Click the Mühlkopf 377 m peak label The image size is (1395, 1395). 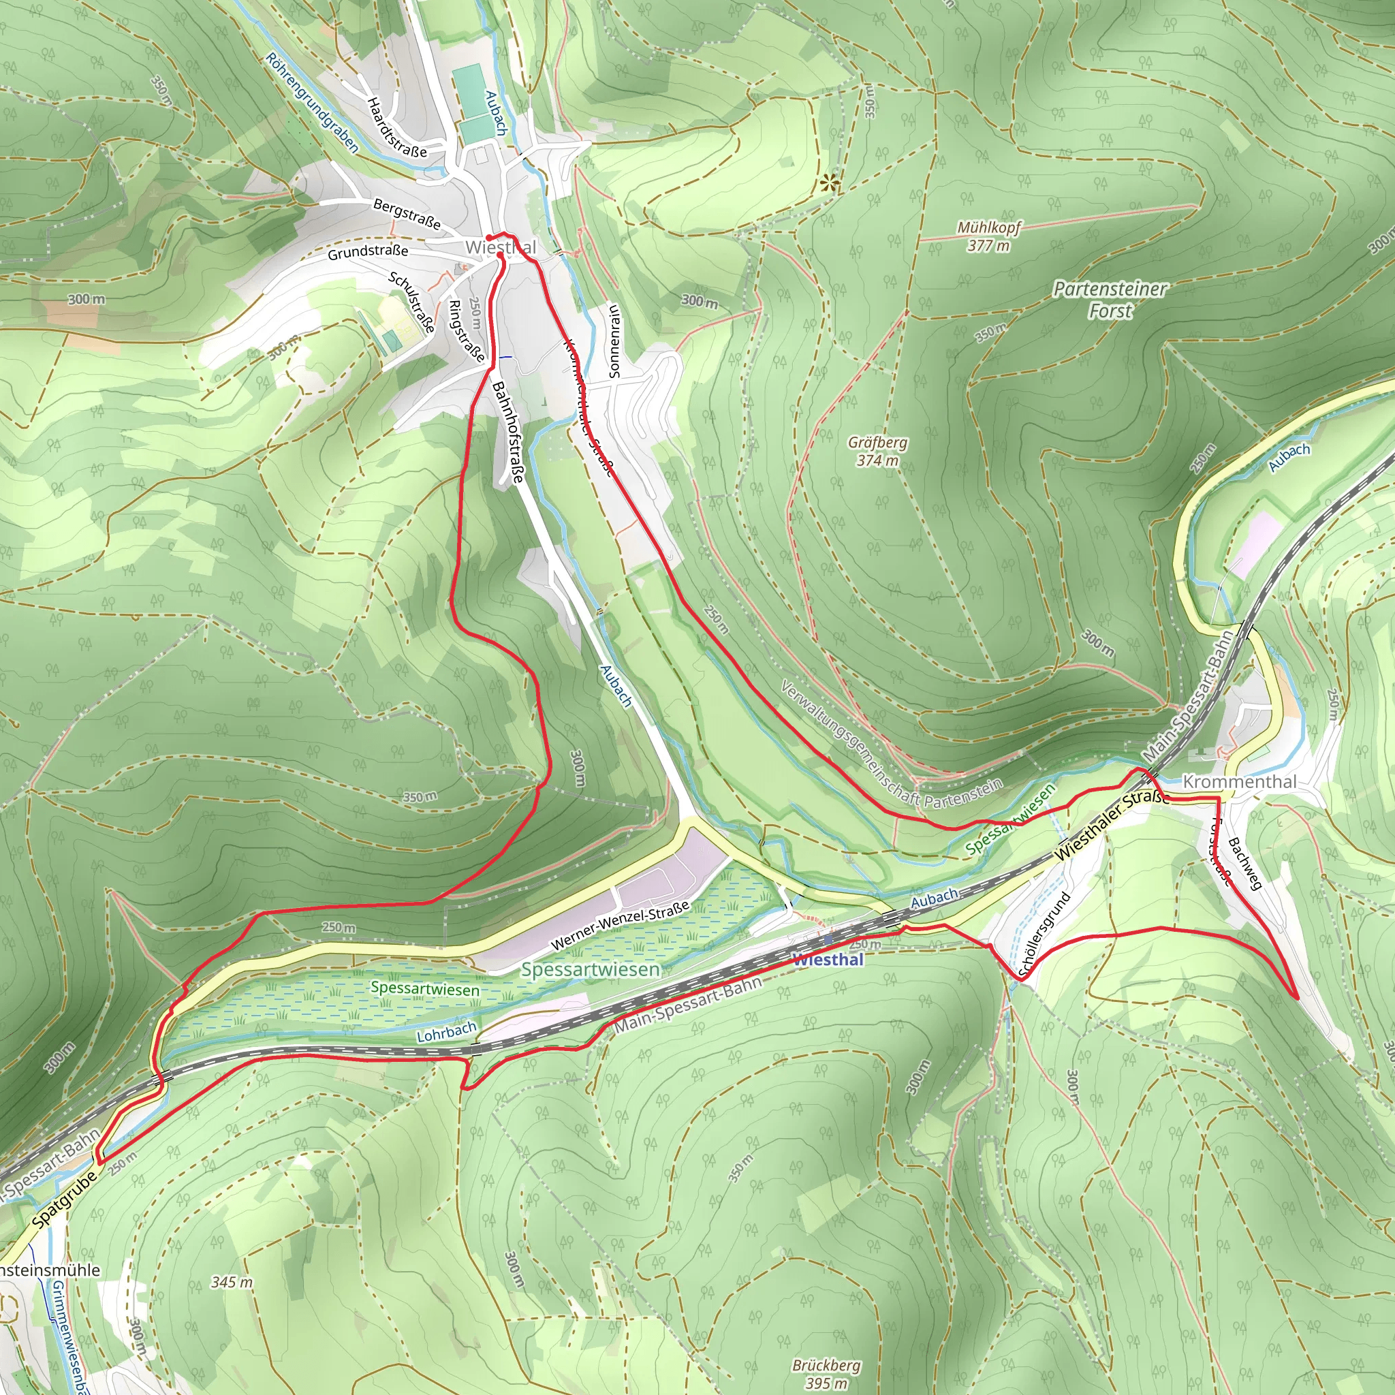point(988,236)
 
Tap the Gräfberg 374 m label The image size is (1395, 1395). point(877,450)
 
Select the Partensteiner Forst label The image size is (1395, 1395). point(1110,300)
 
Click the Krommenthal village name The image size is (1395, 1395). point(1239,781)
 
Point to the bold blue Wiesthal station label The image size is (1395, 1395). point(828,960)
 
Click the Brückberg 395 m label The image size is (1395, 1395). point(826,1373)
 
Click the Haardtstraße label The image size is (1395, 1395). point(396,128)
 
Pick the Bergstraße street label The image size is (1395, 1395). point(407,214)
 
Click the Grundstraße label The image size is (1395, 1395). point(368,252)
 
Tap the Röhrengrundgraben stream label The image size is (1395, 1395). point(311,103)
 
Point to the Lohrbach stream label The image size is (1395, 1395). point(446,1032)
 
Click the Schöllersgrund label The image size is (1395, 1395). point(1044,935)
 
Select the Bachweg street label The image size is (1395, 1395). point(1244,864)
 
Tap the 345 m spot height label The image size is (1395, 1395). point(232,1282)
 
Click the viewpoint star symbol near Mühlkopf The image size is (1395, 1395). point(830,183)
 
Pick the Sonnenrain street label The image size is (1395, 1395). point(614,341)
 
